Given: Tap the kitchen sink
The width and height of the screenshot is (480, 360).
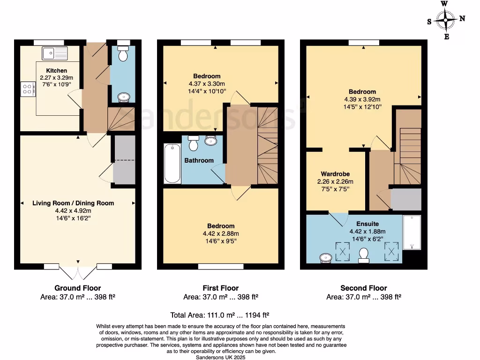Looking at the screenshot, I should coord(55,53).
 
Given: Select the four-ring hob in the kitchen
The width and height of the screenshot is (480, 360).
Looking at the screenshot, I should coord(28,89).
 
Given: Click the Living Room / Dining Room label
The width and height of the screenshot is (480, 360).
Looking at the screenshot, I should coord(73,203).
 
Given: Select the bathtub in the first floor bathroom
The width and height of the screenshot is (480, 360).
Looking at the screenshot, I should coord(172,164).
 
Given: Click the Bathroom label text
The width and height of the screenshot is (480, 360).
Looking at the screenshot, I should coord(199,160).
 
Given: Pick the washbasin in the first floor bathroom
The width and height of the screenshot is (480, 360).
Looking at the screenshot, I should coord(211,140).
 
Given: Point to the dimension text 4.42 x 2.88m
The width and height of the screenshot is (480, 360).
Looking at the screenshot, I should coord(220,234).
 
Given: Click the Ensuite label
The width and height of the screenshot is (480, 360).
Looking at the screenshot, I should coord(367,224).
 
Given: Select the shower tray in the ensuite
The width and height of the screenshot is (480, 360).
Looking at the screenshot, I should coord(412,232).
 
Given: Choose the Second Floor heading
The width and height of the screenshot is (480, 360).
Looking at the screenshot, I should coord(363,288).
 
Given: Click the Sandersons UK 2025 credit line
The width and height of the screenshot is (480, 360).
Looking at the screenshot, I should coord(221,357).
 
